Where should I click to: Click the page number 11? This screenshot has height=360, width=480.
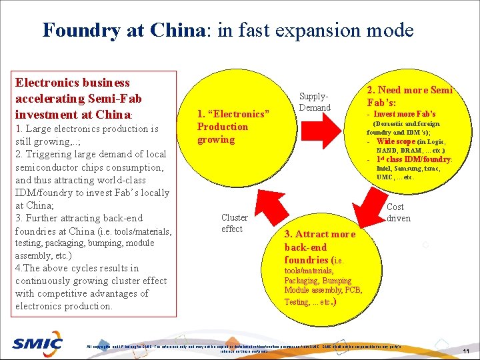pos(466,351)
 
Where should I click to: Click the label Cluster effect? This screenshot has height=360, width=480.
pos(234,223)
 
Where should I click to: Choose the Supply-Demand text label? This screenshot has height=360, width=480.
pos(315,102)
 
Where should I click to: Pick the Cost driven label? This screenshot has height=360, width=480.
pos(399,213)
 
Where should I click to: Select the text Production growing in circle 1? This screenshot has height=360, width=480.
pos(222,133)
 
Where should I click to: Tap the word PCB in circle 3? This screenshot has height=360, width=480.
pos(353,290)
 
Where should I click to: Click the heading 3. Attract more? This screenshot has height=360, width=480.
pos(320,234)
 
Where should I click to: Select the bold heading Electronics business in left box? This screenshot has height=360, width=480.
pos(72,83)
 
